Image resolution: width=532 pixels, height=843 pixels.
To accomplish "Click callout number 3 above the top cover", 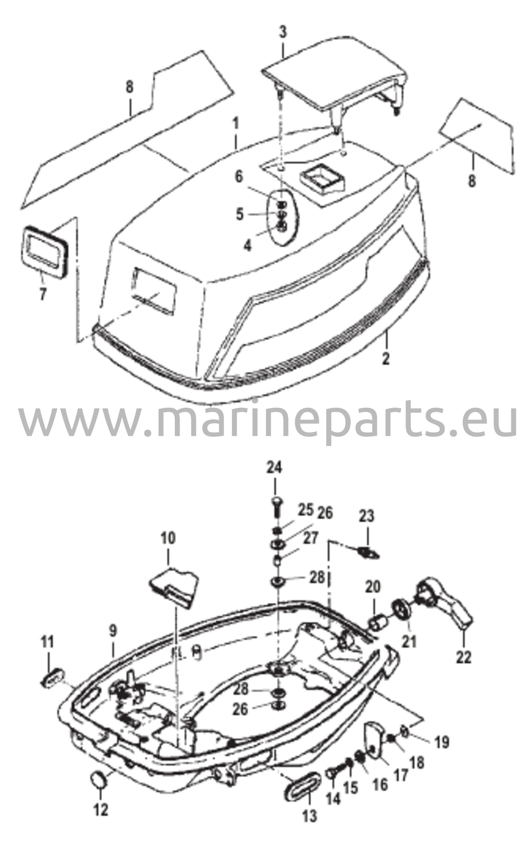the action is (x=283, y=33).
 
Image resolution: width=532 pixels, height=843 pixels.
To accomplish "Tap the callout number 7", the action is (x=43, y=294).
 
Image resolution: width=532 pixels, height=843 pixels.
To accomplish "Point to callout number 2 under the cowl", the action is (x=385, y=358).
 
